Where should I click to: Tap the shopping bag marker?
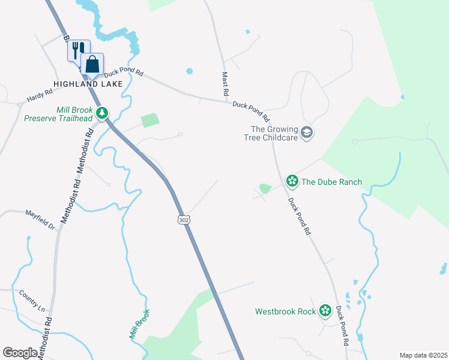92,64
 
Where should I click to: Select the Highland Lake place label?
88,84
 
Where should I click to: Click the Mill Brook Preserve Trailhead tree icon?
103,112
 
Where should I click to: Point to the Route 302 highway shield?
184,220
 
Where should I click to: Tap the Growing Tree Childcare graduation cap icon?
307,133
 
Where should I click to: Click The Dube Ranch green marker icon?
292,181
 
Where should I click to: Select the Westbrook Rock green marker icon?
325,310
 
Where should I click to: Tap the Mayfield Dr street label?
40,220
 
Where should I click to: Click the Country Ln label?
32,301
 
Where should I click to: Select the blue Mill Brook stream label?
139,325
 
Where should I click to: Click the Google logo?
20,353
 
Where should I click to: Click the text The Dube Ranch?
331,181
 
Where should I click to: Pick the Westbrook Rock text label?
285,311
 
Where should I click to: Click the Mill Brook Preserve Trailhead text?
58,114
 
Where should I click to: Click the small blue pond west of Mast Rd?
190,71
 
